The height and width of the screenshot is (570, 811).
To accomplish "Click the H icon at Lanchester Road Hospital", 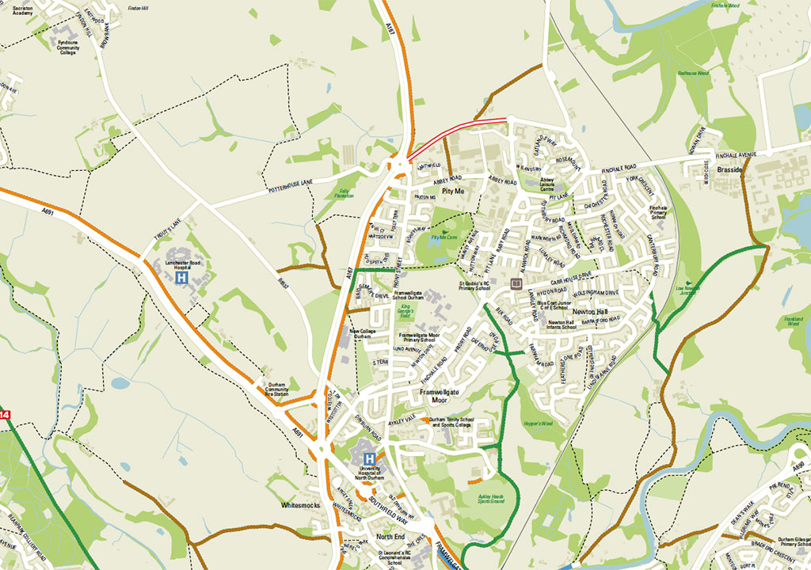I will [181, 279].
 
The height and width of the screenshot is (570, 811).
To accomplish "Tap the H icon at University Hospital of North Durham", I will [369, 458].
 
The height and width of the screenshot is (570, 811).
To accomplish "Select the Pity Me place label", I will [453, 192].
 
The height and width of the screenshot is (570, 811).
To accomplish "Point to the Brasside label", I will [729, 169].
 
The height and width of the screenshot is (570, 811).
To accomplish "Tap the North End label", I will [390, 537].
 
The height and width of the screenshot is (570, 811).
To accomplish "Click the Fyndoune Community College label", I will [68, 48].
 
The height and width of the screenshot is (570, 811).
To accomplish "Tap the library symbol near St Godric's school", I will [516, 282].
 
